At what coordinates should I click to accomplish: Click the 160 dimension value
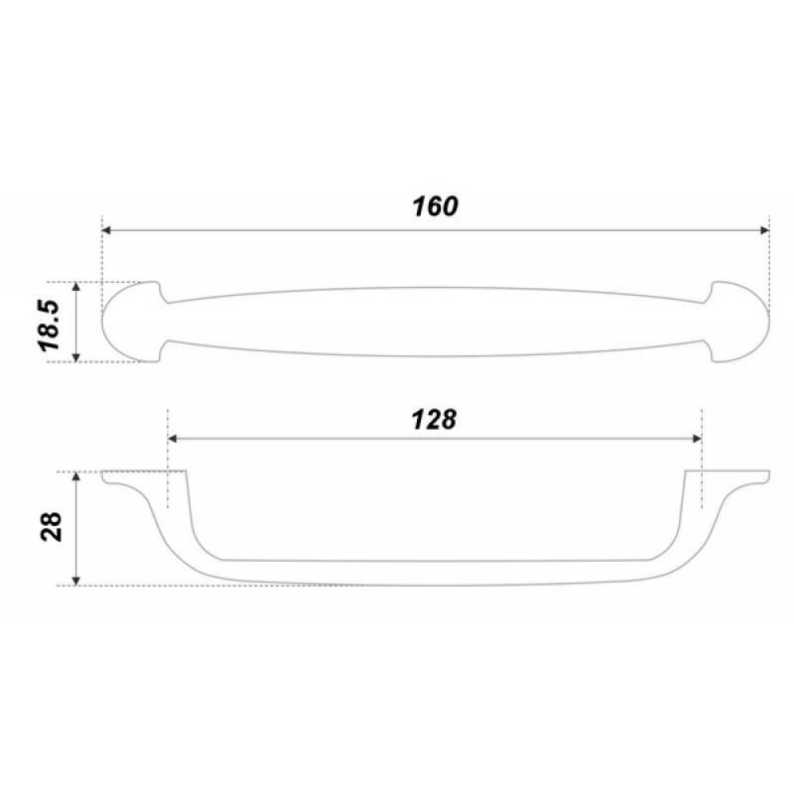click(x=435, y=206)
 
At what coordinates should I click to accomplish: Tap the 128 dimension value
click(x=434, y=420)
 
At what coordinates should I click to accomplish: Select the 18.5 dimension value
click(x=49, y=326)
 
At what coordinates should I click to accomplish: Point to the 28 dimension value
click(x=52, y=527)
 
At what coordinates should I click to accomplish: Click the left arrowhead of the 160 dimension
click(x=106, y=230)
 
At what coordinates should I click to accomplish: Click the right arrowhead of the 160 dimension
click(x=764, y=230)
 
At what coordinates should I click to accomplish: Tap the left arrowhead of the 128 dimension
click(x=172, y=438)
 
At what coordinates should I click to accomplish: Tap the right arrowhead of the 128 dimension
click(x=697, y=438)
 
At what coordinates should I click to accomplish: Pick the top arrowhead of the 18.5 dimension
click(x=76, y=287)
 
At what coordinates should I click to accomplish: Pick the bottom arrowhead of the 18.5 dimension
click(x=76, y=357)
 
